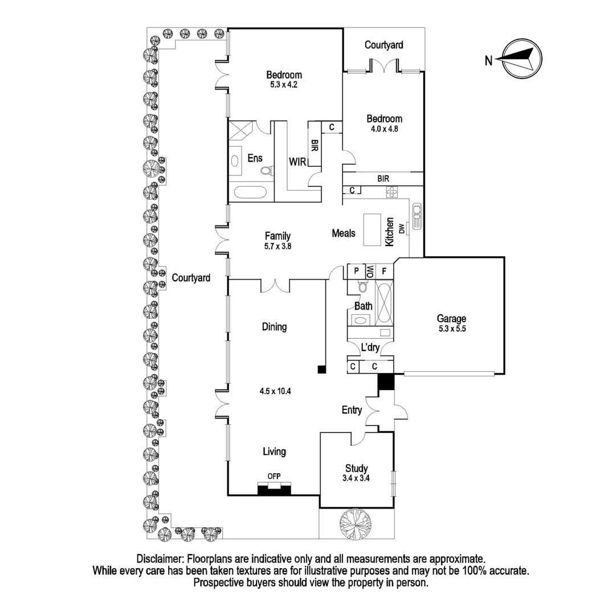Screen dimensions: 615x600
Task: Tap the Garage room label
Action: pyautogui.click(x=451, y=319)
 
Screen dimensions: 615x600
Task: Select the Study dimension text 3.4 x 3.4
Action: pyautogui.click(x=356, y=478)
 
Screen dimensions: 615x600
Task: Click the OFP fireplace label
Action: pyautogui.click(x=274, y=477)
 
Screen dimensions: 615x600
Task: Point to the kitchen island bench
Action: pyautogui.click(x=373, y=229)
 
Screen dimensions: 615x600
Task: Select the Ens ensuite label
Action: pyautogui.click(x=255, y=158)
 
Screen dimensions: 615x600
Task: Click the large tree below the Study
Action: pyautogui.click(x=356, y=523)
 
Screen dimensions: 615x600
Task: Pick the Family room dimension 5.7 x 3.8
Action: pyautogui.click(x=277, y=247)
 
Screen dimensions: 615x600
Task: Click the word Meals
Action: pyautogui.click(x=344, y=233)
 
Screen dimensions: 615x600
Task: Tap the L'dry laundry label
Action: pyautogui.click(x=370, y=347)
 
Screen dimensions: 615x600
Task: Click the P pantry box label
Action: pyautogui.click(x=357, y=271)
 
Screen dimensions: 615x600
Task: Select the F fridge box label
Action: pyautogui.click(x=385, y=271)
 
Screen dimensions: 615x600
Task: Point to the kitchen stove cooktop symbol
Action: pyautogui.click(x=392, y=194)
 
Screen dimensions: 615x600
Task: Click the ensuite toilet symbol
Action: pyautogui.click(x=266, y=170)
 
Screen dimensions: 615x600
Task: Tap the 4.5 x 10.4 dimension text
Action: pyautogui.click(x=274, y=391)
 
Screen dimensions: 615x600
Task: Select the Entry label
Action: pyautogui.click(x=352, y=410)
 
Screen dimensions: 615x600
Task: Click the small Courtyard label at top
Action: pyautogui.click(x=383, y=44)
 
